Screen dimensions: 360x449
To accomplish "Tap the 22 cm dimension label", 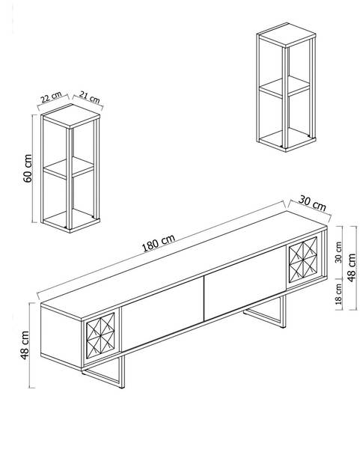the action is [x=51, y=97].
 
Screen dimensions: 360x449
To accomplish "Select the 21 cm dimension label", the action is [x=90, y=97].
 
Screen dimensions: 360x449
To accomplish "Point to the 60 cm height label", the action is [x=28, y=168].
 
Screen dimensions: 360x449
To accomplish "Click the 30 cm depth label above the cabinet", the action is [x=312, y=203].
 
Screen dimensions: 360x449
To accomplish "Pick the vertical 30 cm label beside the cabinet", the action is [x=338, y=252].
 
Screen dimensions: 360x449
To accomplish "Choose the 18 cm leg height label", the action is [x=338, y=294].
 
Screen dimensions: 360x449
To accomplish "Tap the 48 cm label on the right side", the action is [x=352, y=267].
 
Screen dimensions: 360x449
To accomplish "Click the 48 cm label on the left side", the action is [x=25, y=345].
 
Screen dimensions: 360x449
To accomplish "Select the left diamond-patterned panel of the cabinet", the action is [x=100, y=335].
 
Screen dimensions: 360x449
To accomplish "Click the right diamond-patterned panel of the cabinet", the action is [x=303, y=260].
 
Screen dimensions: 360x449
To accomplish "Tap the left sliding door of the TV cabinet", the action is [x=162, y=314].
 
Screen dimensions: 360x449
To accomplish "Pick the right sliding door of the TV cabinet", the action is [x=245, y=283].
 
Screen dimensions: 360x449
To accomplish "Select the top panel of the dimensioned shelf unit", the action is [x=70, y=116].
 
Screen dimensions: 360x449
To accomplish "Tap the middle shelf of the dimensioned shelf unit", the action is [x=68, y=168].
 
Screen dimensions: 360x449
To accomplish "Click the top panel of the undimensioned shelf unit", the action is [x=287, y=35].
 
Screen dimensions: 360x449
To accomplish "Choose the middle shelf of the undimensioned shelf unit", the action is [x=284, y=87].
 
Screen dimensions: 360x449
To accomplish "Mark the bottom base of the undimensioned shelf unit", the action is [x=287, y=140].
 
